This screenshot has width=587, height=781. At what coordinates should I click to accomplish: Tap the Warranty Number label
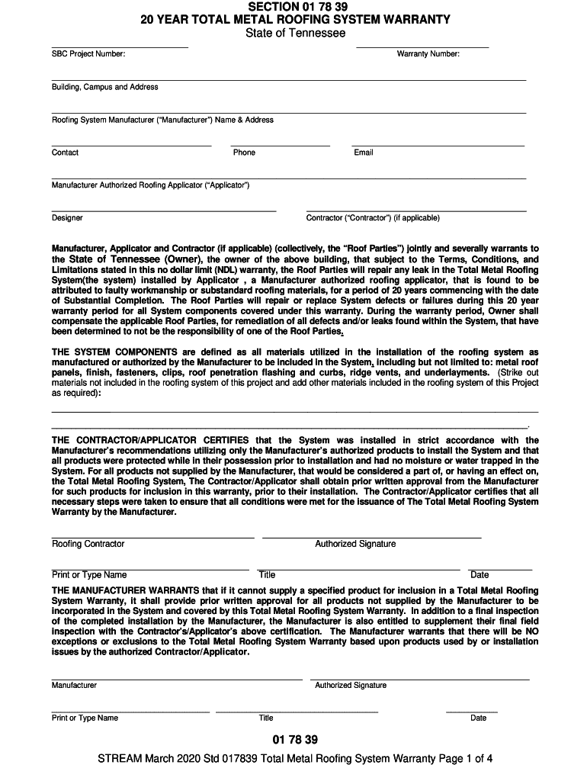coord(428,54)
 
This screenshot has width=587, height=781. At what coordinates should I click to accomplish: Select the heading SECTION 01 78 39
coord(295,7)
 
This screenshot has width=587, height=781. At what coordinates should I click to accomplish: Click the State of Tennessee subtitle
coord(295,33)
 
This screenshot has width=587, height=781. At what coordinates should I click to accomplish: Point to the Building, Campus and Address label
coord(105,87)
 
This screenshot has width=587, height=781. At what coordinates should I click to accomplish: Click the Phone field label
coord(244,153)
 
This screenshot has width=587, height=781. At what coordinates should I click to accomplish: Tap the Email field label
coord(364,153)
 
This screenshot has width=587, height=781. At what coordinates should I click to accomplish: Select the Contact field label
coord(65,153)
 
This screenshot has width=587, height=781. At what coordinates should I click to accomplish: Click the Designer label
coord(67,218)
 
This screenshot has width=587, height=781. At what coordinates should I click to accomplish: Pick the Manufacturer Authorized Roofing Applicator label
coord(151,185)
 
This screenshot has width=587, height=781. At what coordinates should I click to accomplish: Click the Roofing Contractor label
coord(88,544)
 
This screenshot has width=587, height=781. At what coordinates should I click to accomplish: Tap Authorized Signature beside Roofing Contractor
coord(355,544)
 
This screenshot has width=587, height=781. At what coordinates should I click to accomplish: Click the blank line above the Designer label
coord(163,211)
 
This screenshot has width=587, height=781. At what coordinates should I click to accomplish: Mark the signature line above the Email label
coord(438,145)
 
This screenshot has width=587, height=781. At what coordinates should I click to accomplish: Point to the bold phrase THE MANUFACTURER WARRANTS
coord(126,590)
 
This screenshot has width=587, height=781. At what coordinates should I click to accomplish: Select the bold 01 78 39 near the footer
coord(294,740)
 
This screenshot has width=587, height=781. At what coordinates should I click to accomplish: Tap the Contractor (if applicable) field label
coord(373,218)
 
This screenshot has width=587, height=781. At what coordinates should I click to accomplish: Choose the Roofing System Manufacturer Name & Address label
coord(162,120)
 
